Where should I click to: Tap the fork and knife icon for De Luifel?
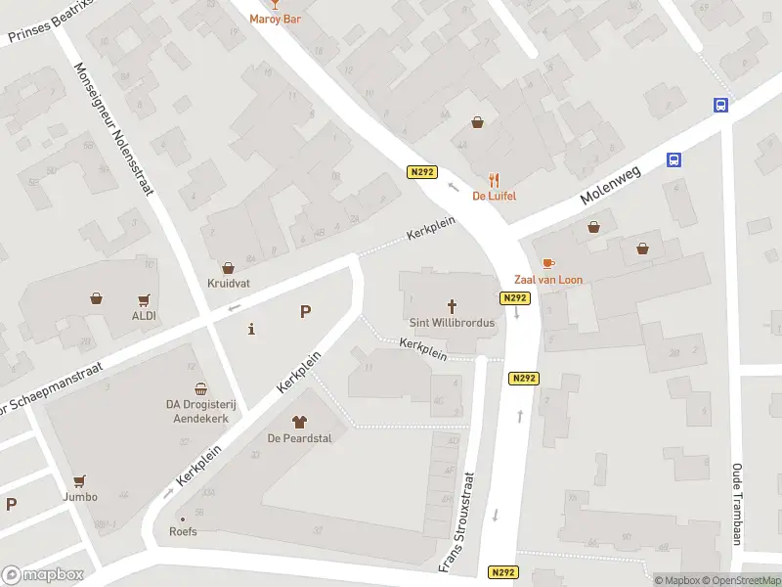[495, 180]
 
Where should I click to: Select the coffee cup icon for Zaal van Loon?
[547, 263]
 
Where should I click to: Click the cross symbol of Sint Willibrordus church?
[453, 305]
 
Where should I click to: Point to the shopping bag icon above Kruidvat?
[229, 267]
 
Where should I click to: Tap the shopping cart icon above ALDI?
[145, 299]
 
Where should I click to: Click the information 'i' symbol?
[252, 329]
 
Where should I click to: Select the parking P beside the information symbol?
[305, 312]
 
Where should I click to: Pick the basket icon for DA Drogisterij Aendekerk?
[200, 388]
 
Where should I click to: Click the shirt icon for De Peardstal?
[299, 422]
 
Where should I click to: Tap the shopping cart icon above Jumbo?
[80, 480]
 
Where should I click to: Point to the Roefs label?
[183, 532]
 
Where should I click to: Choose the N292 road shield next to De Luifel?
[421, 172]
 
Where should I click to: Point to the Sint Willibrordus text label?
[452, 322]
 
